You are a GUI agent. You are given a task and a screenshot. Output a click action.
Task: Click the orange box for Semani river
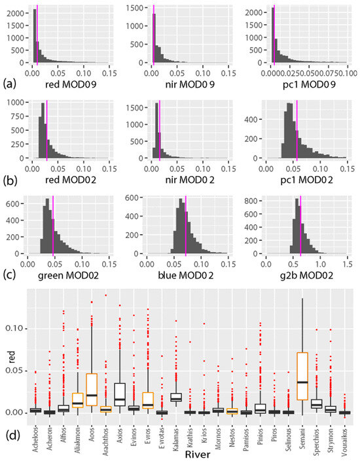pyautogui.click(x=302, y=376)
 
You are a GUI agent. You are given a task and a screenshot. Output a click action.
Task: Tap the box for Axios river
pyautogui.click(x=120, y=394)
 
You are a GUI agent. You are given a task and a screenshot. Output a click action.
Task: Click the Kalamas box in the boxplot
pyautogui.click(x=175, y=397)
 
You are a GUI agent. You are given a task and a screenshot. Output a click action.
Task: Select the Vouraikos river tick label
pyautogui.click(x=345, y=432)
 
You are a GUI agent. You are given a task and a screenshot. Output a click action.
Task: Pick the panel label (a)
pyautogui.click(x=9, y=84)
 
